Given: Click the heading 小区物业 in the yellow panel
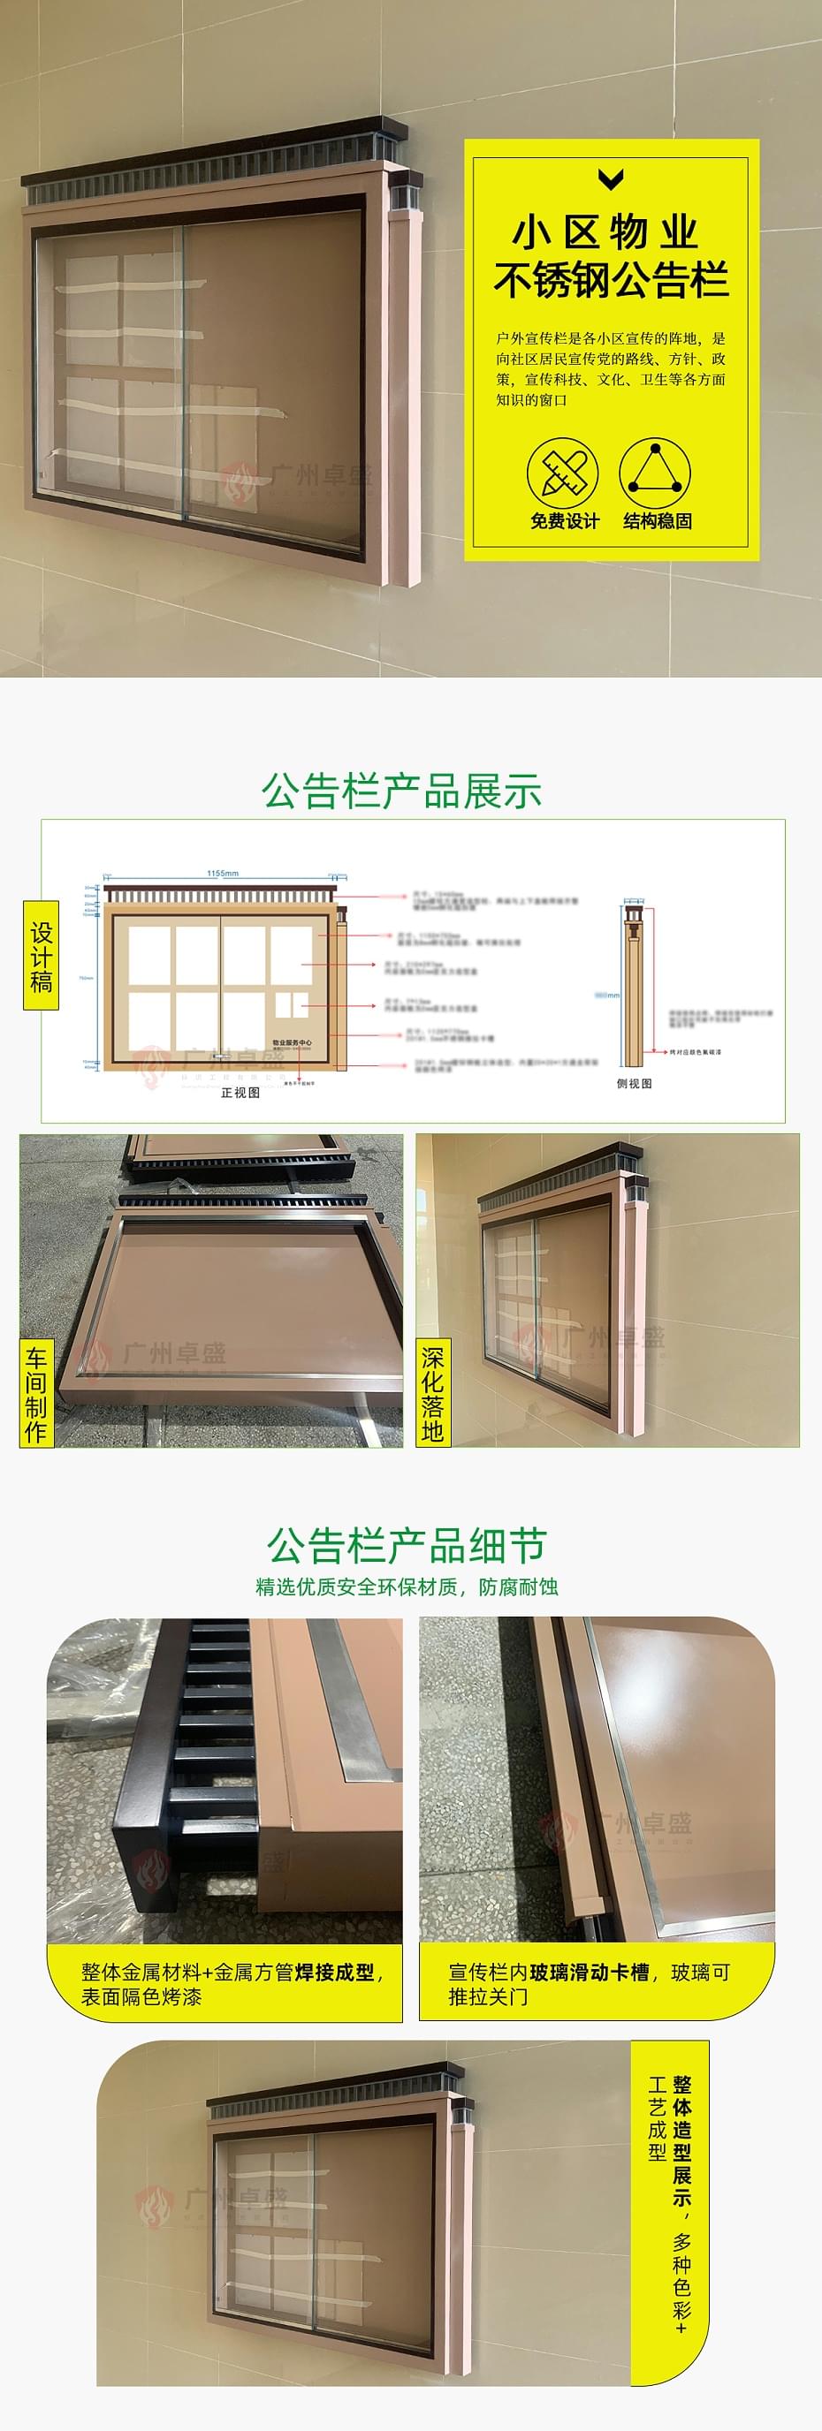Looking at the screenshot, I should click(605, 232).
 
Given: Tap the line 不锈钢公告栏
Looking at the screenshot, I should click(612, 280).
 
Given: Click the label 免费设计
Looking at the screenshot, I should click(565, 521).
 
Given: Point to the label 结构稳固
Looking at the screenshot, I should click(657, 521).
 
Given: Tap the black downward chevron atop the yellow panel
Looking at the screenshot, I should click(612, 178).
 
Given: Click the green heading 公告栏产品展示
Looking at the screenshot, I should click(402, 791).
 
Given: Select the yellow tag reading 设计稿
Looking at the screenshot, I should click(41, 956).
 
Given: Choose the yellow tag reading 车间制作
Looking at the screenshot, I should click(36, 1394).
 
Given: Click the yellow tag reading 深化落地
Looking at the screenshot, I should click(432, 1393).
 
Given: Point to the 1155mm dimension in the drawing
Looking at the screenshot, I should click(223, 873).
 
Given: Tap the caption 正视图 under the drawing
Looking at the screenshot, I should click(240, 1093).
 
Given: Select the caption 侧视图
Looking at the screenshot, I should click(635, 1083).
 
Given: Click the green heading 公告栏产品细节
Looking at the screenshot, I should click(407, 1546).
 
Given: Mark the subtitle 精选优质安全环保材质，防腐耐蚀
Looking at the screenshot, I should click(407, 1587).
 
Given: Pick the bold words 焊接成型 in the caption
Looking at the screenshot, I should click(334, 1973).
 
